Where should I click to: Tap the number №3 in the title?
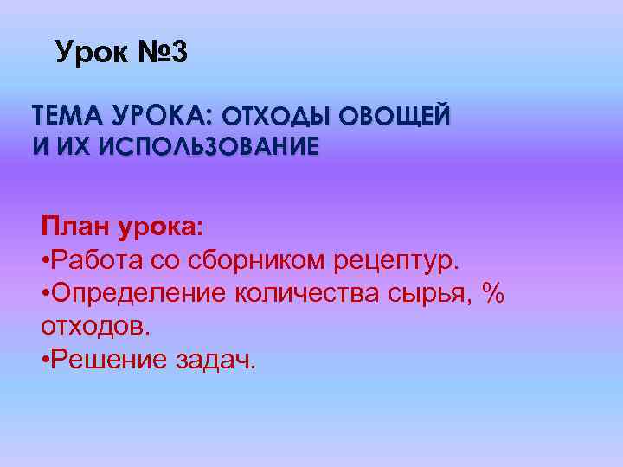161,54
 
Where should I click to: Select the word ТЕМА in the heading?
62,115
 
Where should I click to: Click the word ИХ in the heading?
73,144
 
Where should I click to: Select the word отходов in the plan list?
93,327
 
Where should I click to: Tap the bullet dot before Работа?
45,260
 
